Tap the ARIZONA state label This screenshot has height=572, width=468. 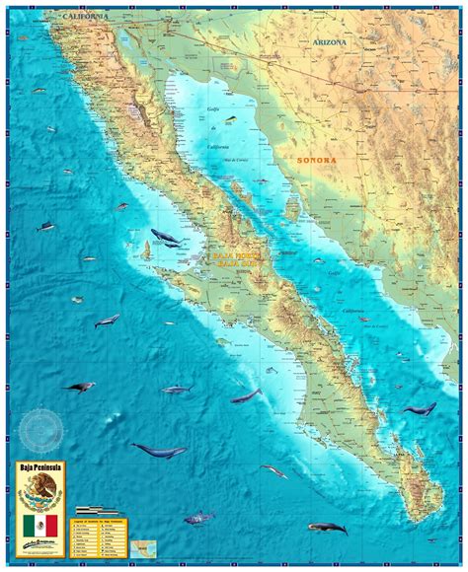[331, 42]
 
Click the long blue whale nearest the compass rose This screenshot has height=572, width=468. [158, 451]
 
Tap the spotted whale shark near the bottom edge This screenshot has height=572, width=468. [200, 516]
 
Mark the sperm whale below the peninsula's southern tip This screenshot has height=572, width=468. [327, 529]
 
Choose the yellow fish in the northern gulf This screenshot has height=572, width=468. [230, 122]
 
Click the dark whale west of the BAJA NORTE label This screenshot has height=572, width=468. [164, 238]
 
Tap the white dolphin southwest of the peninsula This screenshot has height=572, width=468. [107, 320]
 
